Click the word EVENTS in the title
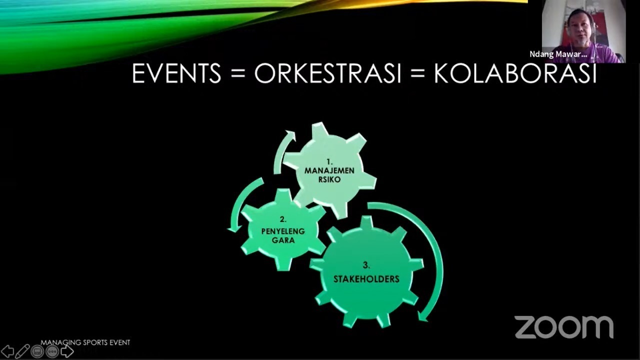(x=176, y=73)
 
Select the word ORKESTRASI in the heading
(x=327, y=73)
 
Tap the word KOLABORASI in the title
(x=515, y=73)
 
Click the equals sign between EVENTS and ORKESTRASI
(x=237, y=73)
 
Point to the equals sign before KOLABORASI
(x=418, y=73)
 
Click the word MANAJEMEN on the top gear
(x=329, y=170)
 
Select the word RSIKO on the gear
(x=329, y=179)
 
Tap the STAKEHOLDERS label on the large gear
(x=366, y=279)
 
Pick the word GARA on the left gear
(x=283, y=240)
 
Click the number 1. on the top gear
(x=329, y=162)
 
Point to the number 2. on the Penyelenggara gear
(x=283, y=219)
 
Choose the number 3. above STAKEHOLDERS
(x=366, y=265)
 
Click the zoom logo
(x=564, y=327)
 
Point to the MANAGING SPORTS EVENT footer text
(x=85, y=342)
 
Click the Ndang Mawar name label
(x=558, y=54)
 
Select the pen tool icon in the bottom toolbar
(x=22, y=351)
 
